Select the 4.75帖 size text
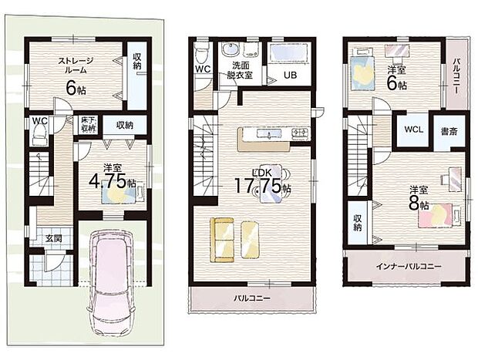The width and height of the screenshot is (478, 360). tap(109, 182)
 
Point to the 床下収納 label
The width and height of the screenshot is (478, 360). tap(86, 125)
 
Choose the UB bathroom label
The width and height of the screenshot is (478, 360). tap(290, 75)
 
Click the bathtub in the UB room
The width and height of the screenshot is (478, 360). tap(290, 53)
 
